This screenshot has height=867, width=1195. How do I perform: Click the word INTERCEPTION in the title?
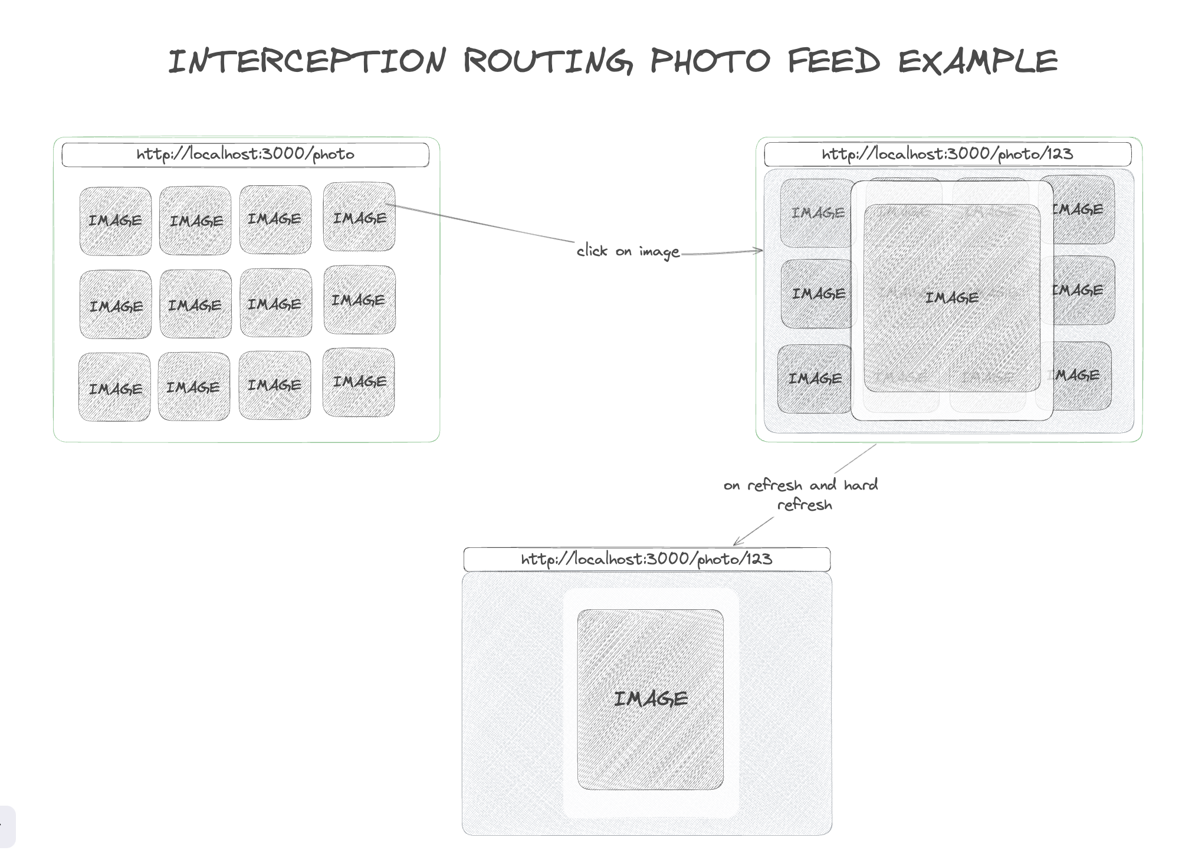click(307, 61)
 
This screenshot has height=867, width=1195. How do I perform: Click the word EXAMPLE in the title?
click(978, 61)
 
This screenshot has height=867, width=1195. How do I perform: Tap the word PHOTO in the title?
click(710, 61)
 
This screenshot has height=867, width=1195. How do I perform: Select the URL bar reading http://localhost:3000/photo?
click(245, 155)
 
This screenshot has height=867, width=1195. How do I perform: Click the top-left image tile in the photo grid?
click(116, 221)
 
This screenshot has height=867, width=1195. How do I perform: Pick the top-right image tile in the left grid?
click(359, 217)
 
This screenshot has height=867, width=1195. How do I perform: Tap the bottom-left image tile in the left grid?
click(114, 387)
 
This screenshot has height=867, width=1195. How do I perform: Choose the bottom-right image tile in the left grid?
click(359, 382)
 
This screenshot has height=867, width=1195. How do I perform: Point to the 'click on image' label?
click(628, 252)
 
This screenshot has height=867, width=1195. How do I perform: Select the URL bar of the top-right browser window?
click(947, 155)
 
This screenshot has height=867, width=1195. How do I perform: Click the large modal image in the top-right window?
click(952, 298)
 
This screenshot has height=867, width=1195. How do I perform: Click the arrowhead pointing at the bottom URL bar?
click(736, 543)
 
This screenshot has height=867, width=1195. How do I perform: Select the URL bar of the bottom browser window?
click(646, 559)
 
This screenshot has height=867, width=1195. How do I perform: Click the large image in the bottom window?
click(650, 699)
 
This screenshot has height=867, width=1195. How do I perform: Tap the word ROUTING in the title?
click(548, 61)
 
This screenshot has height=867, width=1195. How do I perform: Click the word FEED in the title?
click(833, 61)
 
